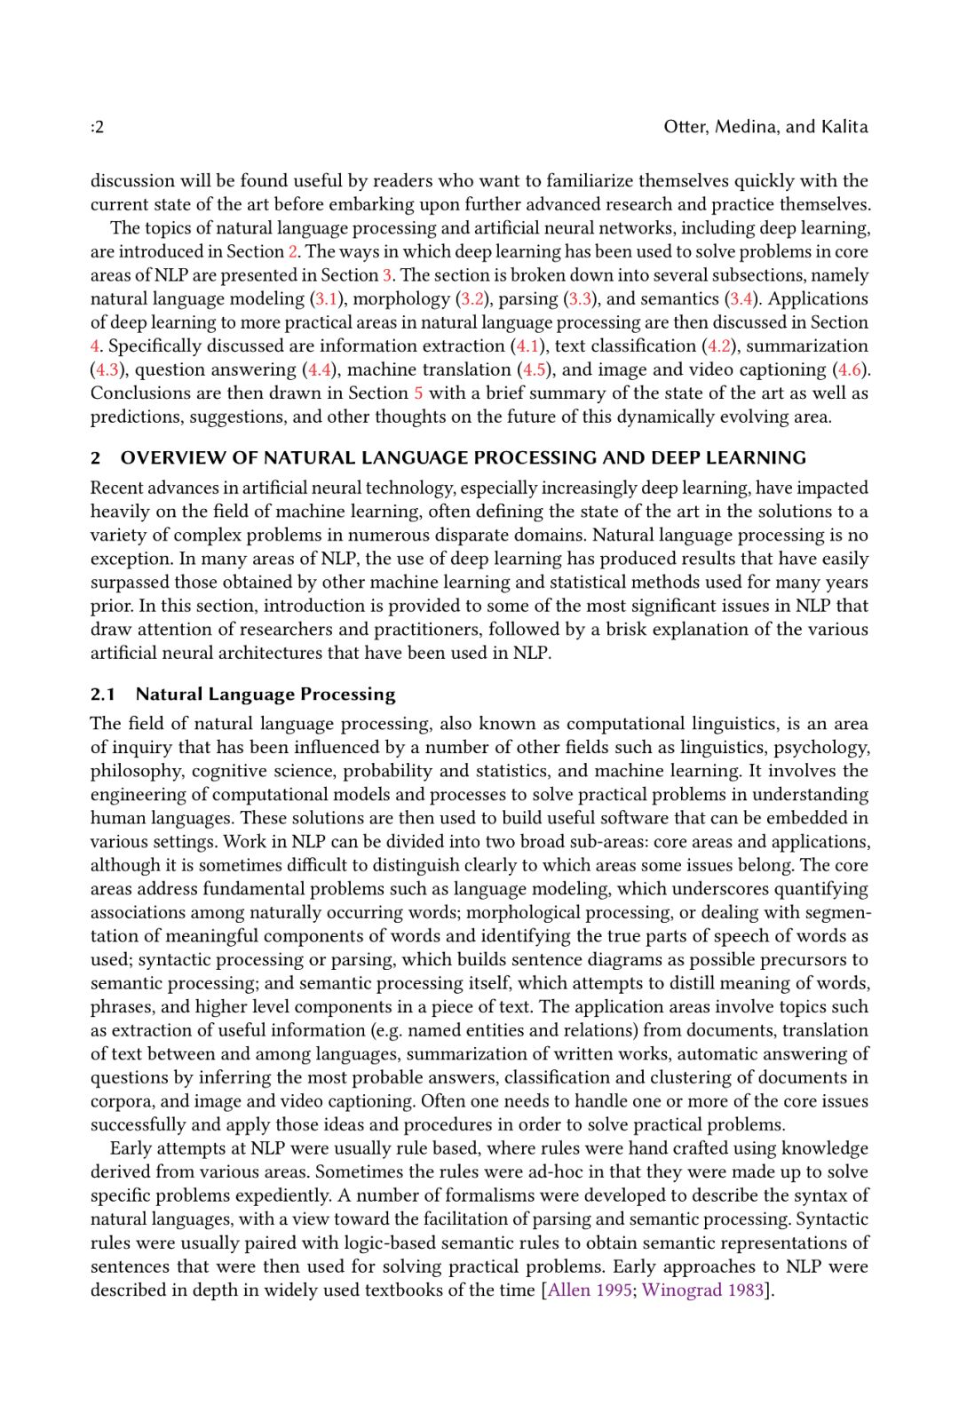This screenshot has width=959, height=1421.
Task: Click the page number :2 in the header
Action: [x=97, y=127]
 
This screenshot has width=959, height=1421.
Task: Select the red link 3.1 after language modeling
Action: [x=326, y=299]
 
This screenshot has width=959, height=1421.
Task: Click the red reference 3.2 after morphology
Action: [x=472, y=299]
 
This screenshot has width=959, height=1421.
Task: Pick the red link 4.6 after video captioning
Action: [x=849, y=370]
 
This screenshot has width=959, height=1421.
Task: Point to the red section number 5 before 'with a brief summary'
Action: [x=418, y=393]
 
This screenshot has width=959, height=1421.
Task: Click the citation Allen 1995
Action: [x=590, y=1290]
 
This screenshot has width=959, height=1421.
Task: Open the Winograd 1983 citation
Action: [x=702, y=1290]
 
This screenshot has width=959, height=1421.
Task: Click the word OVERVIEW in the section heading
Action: [x=174, y=458]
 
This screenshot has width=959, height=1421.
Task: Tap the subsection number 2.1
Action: [x=103, y=695]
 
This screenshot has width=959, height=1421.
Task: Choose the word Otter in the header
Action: [x=685, y=127]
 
